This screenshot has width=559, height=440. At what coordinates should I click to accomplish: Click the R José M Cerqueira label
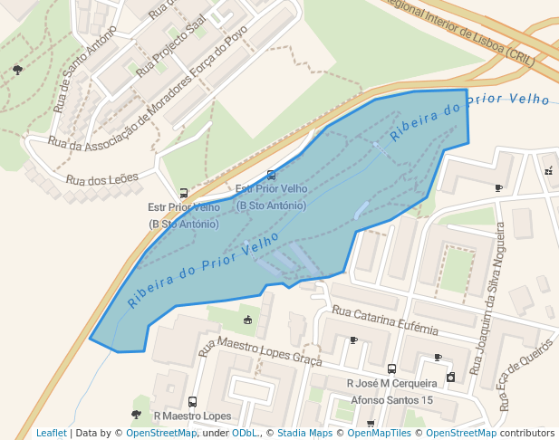coord(392,384)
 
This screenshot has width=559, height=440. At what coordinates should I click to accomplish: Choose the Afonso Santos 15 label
coord(392,400)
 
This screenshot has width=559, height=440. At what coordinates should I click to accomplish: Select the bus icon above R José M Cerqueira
coord(391,368)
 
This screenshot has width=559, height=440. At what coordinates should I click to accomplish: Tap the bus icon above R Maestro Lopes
coord(192,401)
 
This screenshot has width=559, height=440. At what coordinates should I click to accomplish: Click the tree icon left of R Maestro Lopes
coord(136,414)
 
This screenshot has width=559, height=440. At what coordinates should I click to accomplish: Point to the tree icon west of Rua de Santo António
coord(17,70)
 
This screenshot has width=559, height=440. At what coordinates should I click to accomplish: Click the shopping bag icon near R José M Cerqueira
coord(450,377)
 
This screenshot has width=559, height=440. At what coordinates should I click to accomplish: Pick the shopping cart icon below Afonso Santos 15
coord(371,423)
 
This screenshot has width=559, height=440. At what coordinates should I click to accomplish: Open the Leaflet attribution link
coord(51,434)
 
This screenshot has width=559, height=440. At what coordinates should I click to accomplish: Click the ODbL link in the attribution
coord(246,434)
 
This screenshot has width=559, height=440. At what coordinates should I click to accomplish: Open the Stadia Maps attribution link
coord(304,434)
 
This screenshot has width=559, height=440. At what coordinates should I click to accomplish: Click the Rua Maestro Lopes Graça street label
coord(260,353)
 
